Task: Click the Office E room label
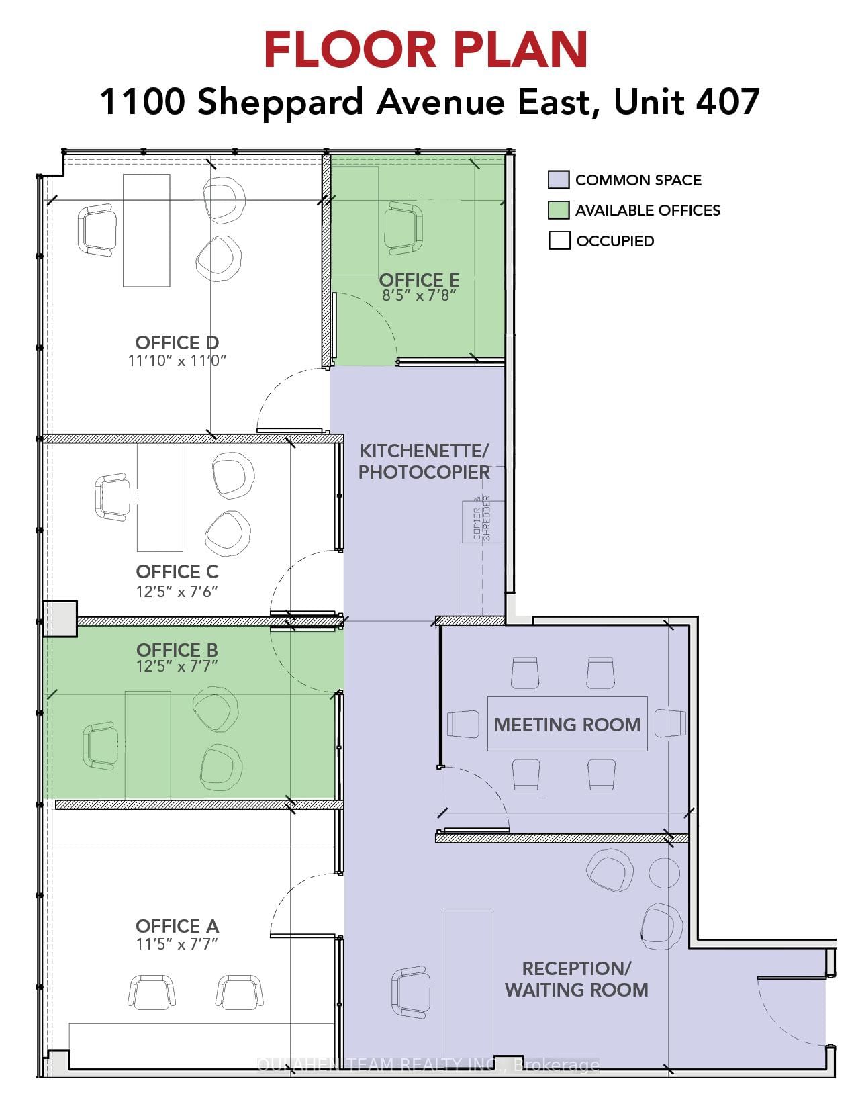point(419,280)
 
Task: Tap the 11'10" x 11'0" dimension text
point(177,361)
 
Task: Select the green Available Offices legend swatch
point(559,210)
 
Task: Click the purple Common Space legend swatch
point(559,180)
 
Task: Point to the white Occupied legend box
point(559,240)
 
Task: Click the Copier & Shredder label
point(482,518)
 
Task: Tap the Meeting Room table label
point(567,725)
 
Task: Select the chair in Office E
point(404,230)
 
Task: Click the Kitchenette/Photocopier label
point(424,461)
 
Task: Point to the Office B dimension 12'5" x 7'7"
point(177,667)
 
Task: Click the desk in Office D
point(146,230)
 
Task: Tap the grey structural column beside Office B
point(60,618)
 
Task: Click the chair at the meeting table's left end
point(463,723)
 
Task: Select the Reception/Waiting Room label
point(576,979)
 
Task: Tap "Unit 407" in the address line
point(686,102)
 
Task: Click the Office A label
point(177,926)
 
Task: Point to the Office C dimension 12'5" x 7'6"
point(177,592)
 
